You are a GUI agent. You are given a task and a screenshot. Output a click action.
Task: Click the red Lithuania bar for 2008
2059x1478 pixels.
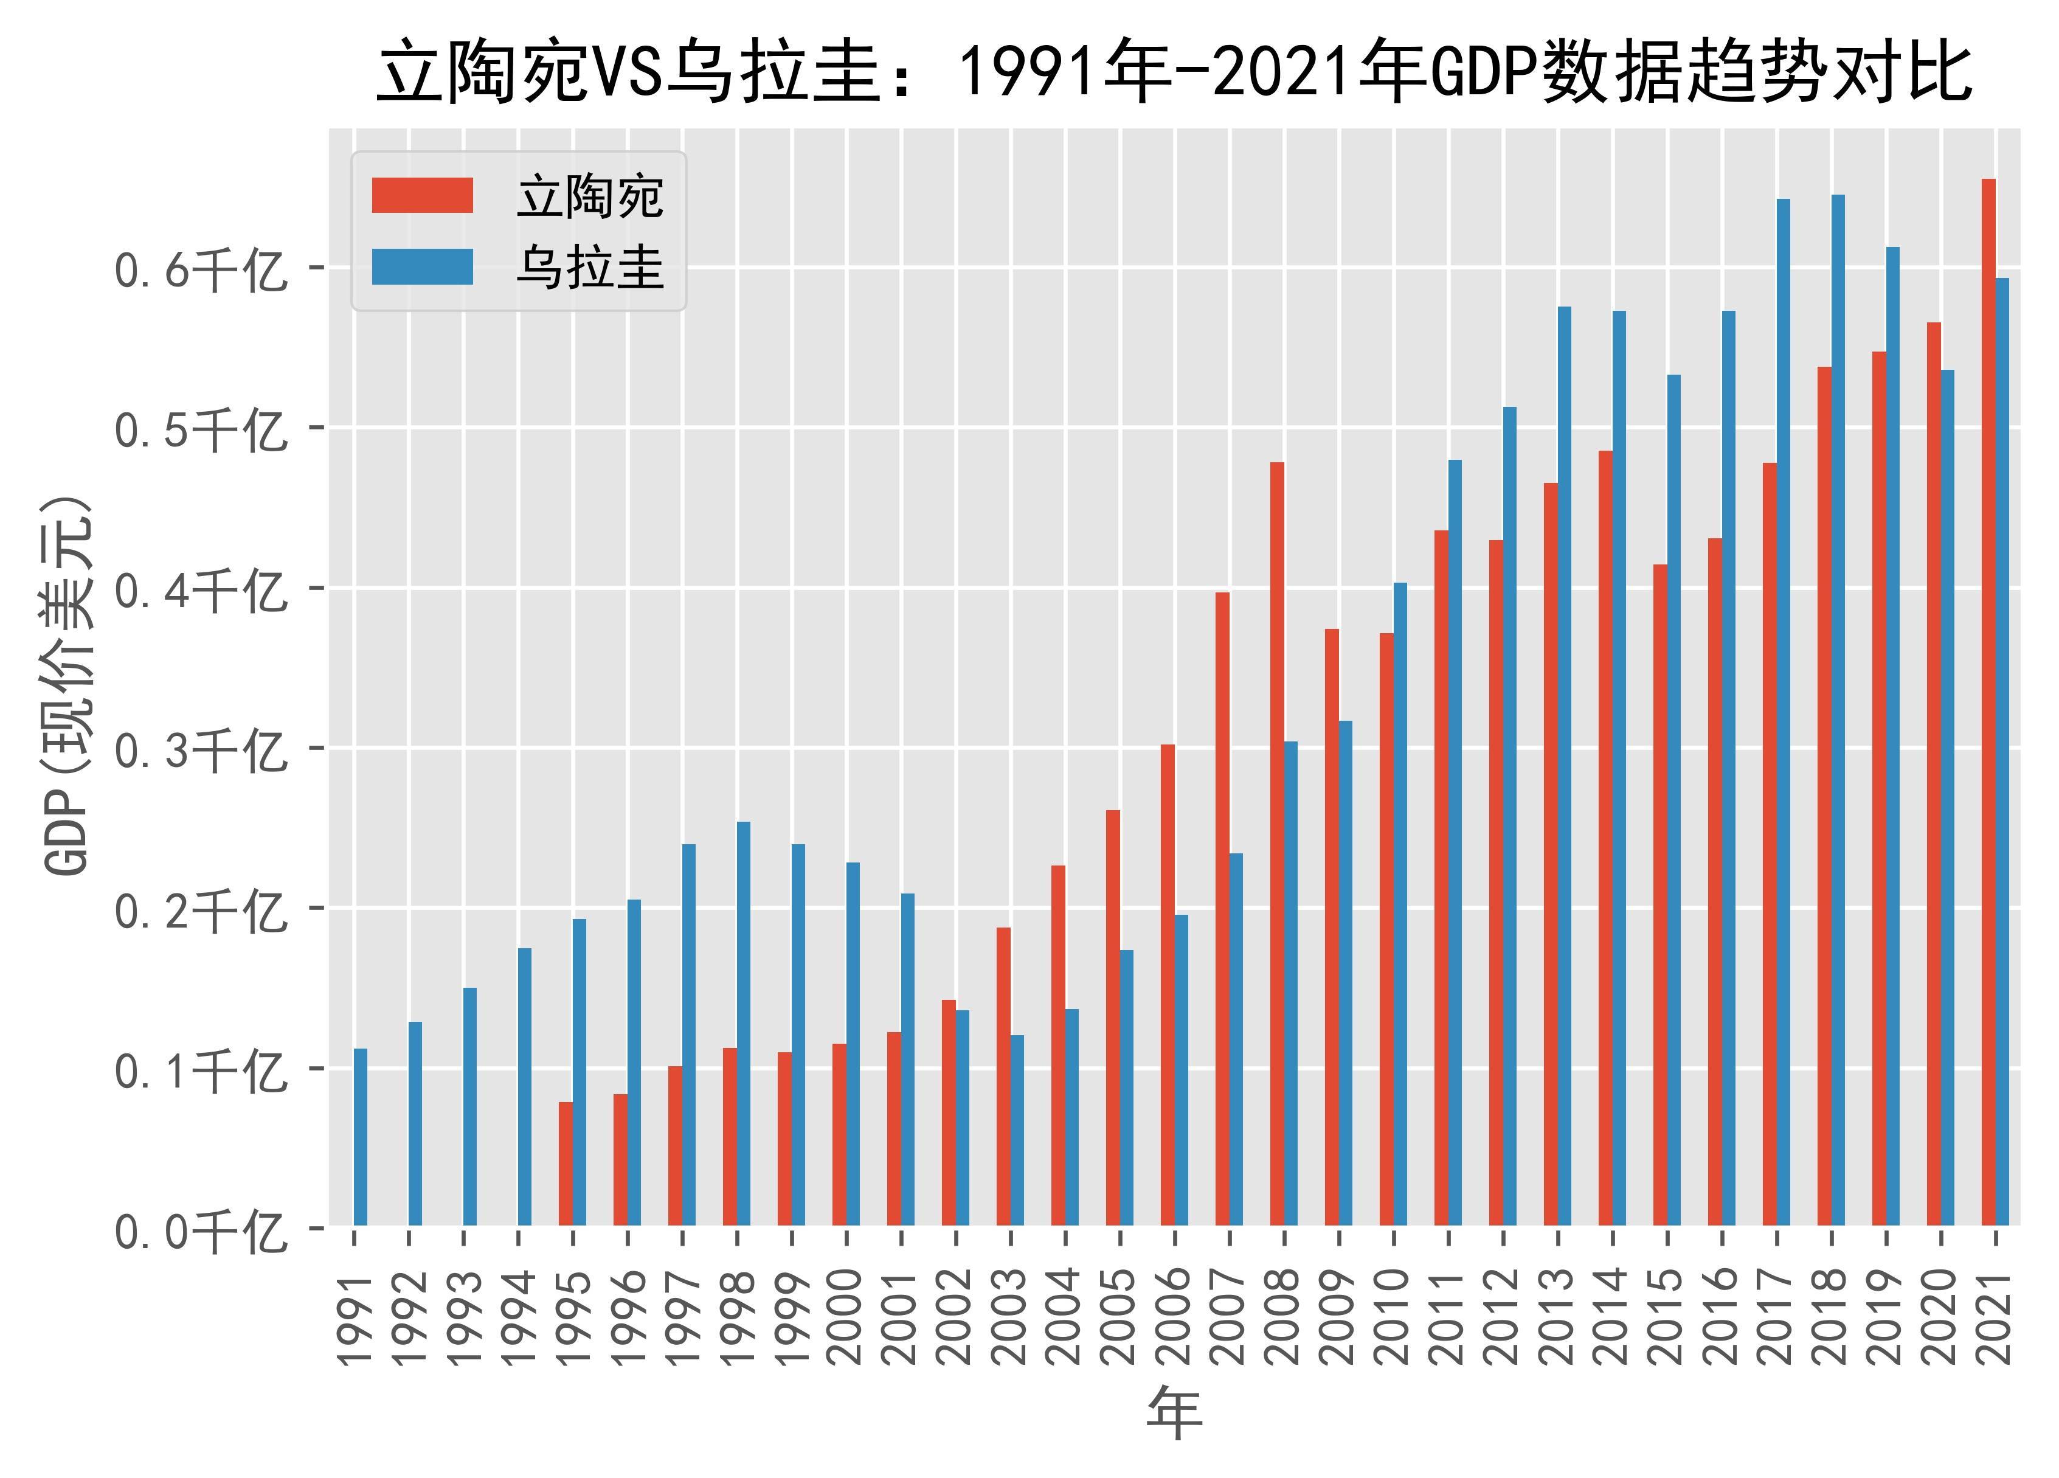coord(1276,844)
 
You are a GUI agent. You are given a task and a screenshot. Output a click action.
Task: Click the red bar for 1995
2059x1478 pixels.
coord(566,1164)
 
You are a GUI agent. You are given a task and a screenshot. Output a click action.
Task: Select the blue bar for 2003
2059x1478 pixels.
coord(1017,1130)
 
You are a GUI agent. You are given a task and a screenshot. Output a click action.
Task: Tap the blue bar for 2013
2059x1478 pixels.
coord(1564,766)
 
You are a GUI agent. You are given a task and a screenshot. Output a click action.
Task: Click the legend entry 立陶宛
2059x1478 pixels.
coord(590,197)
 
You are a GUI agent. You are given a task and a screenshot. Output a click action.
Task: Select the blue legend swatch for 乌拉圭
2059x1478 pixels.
coord(422,268)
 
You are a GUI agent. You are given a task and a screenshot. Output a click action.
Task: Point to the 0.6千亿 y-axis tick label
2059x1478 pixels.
coord(199,269)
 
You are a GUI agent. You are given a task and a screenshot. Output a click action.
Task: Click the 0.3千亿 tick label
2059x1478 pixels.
coord(199,751)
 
